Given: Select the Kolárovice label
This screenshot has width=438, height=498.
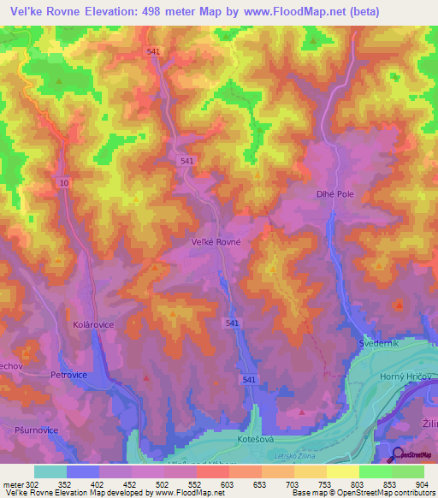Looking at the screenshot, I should [93, 325].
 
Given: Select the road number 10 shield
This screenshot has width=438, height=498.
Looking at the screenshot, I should [64, 183].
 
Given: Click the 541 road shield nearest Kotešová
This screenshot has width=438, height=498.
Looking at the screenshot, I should [248, 379].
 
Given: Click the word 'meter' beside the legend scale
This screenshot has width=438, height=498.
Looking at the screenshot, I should [12, 484].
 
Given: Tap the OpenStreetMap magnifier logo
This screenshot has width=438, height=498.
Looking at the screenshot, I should [399, 454].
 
